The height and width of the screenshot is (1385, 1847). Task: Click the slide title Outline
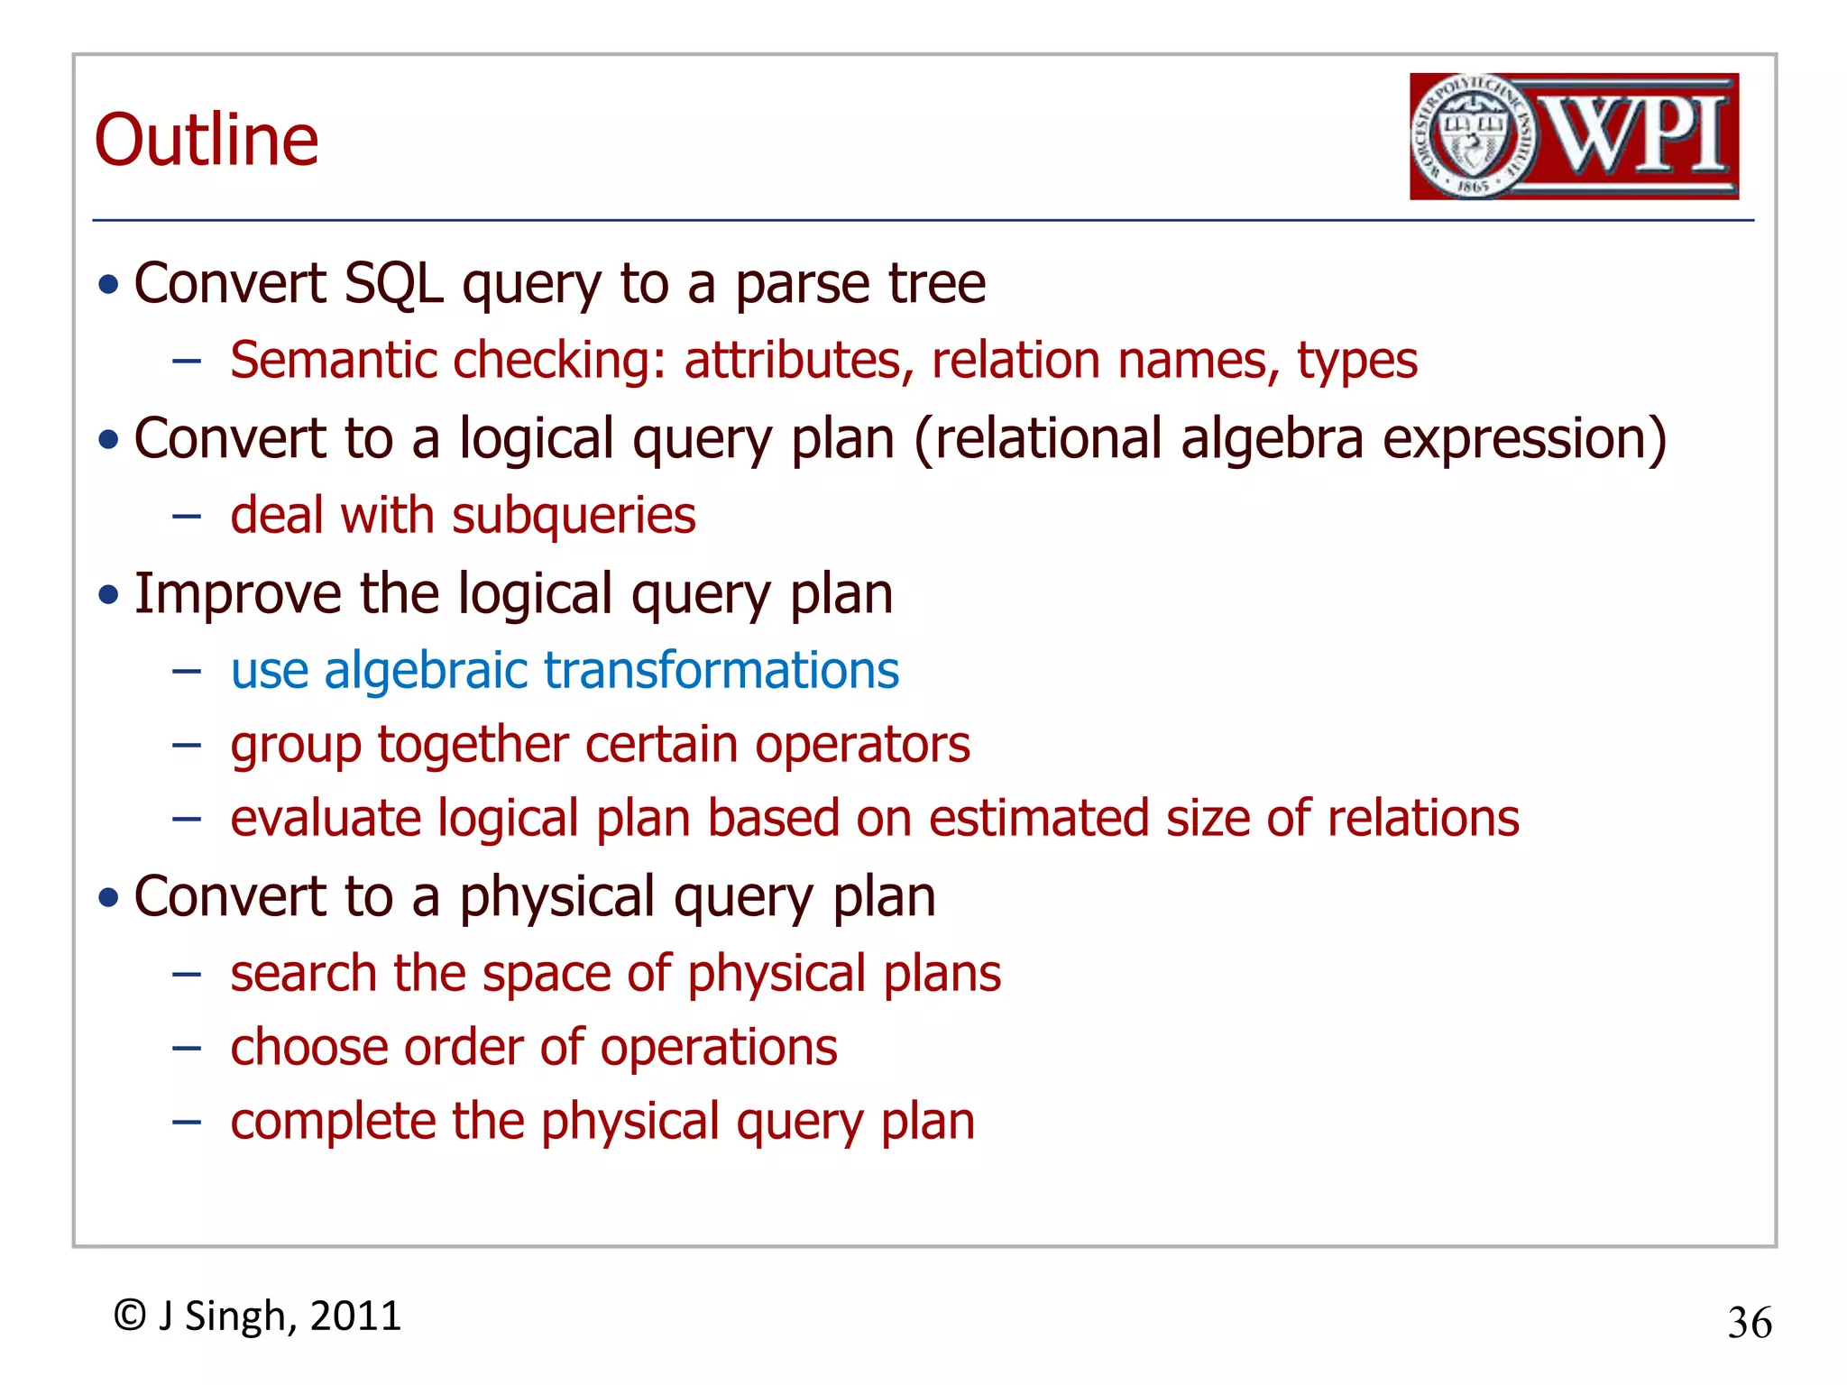(x=207, y=141)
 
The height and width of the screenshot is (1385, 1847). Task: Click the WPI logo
(x=1574, y=136)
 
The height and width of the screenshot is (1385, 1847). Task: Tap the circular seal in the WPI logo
(x=1472, y=136)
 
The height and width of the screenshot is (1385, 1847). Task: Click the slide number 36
(x=1750, y=1323)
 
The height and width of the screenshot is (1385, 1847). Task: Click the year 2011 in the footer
(x=355, y=1316)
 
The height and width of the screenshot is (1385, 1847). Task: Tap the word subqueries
(x=574, y=516)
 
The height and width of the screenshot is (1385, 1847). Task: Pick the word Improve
(x=237, y=594)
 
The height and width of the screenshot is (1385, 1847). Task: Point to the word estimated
(x=1037, y=819)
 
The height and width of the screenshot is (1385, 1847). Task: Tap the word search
(x=303, y=974)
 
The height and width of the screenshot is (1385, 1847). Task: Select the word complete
(x=332, y=1122)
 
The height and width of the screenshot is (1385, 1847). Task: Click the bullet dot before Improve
(x=109, y=595)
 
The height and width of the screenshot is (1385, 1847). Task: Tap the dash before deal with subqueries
(x=187, y=517)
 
